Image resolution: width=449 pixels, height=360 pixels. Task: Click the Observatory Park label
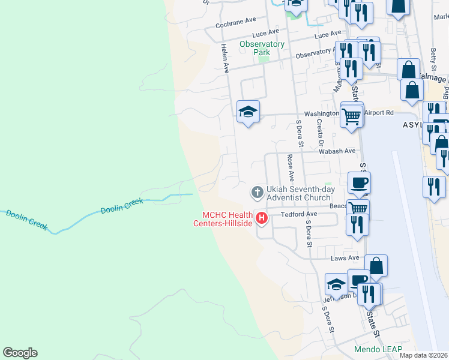[x=261, y=48]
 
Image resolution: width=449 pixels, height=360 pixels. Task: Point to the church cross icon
[x=256, y=193]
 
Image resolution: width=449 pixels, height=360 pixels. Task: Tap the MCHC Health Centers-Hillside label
[x=228, y=219]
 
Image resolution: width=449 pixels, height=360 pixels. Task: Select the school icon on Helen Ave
[x=248, y=111]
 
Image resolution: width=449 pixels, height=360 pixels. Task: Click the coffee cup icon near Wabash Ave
[x=360, y=182]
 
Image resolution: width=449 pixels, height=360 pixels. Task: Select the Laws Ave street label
[x=345, y=258]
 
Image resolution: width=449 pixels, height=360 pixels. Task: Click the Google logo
[x=20, y=353]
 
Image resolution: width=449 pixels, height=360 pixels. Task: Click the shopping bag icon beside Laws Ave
[x=376, y=265]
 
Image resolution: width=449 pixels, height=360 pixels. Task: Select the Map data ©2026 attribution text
[x=423, y=355]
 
